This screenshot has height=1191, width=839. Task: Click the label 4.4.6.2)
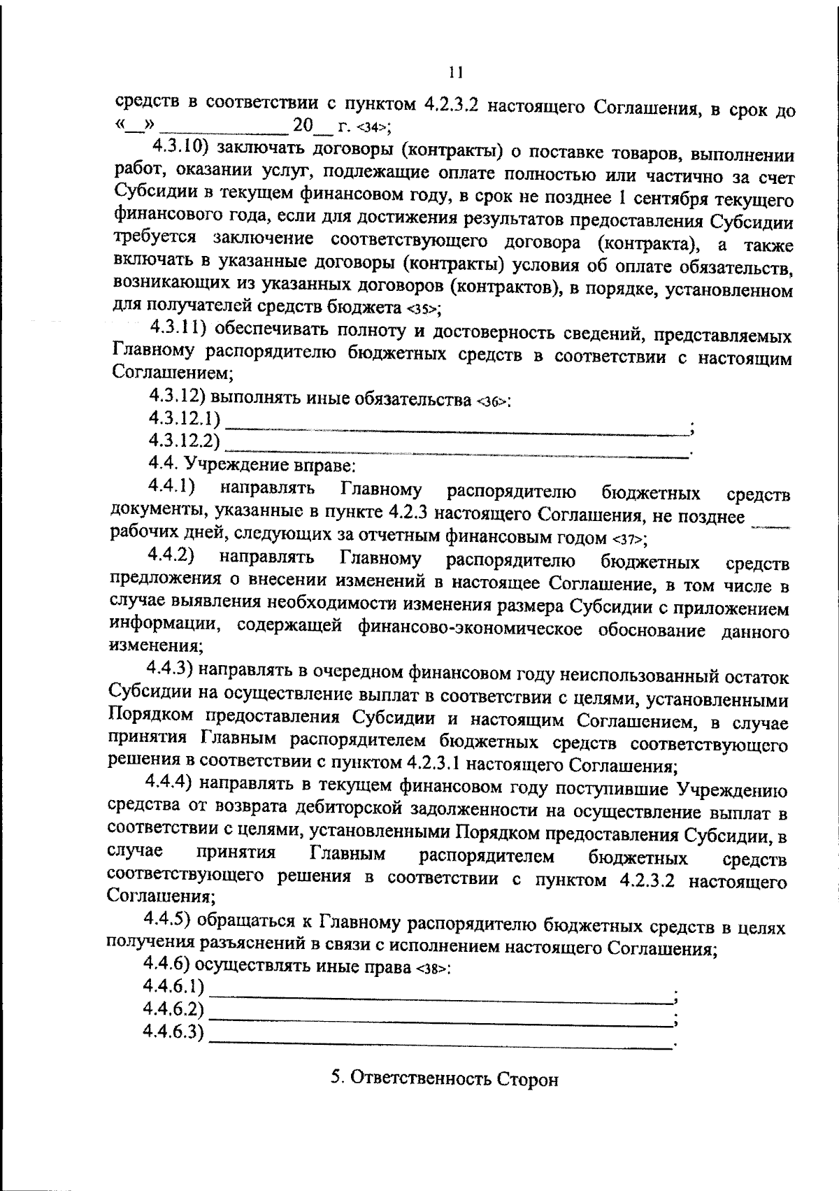(x=173, y=1009)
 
